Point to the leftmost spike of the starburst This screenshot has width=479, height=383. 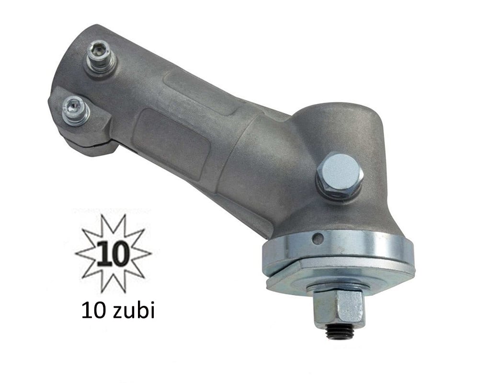[x=77, y=252]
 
